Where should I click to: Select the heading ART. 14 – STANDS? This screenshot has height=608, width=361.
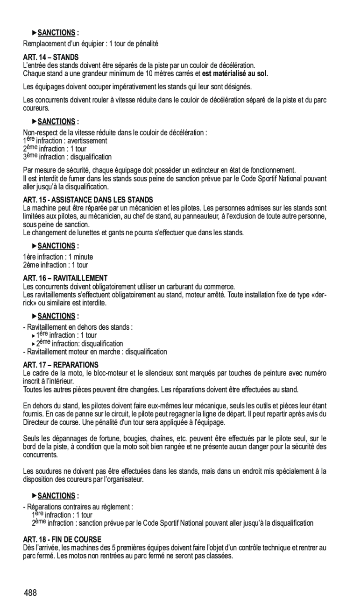(51, 57)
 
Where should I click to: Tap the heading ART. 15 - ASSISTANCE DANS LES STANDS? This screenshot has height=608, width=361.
(88, 200)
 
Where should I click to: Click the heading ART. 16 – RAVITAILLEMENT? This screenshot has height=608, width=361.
(65, 278)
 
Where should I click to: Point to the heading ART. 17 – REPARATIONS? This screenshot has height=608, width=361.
(61, 364)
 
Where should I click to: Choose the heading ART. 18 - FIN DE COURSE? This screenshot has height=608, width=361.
(62, 539)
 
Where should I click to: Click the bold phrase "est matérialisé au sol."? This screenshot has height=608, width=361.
(235, 73)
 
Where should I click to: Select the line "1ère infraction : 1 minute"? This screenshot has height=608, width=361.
(58, 257)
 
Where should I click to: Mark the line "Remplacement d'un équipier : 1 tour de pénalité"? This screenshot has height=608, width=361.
(91, 43)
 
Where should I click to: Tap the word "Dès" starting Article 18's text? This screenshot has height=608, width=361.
(28, 547)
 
